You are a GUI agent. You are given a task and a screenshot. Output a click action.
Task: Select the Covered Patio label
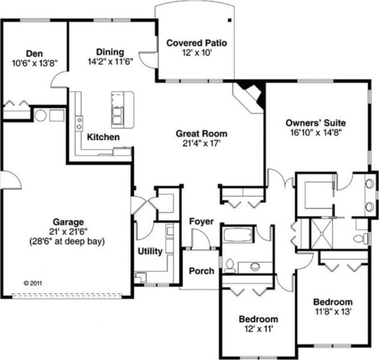197,43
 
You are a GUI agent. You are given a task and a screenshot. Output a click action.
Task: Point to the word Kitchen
103,137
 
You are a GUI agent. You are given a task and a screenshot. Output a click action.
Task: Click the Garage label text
68,222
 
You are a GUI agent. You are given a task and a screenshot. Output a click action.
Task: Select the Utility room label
150,251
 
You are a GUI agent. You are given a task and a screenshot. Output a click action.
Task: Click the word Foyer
201,221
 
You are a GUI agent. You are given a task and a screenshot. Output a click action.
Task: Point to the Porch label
202,271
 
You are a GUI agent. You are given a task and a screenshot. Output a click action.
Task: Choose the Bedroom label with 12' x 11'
258,319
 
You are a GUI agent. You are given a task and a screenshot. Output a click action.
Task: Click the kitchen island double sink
117,114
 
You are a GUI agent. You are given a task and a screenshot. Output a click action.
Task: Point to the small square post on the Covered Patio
229,19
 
